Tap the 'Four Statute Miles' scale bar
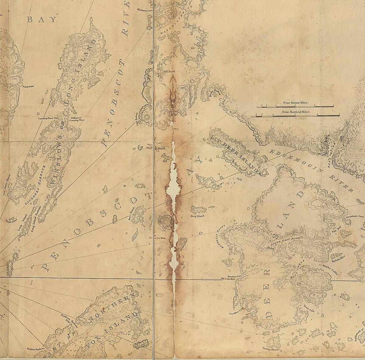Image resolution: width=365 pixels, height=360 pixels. point(295,107)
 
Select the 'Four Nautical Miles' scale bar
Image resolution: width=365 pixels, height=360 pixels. point(295,115)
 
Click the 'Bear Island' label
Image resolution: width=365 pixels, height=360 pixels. point(197,216)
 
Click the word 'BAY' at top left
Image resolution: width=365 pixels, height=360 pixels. point(42,20)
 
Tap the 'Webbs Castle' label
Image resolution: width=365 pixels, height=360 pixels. point(325,269)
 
